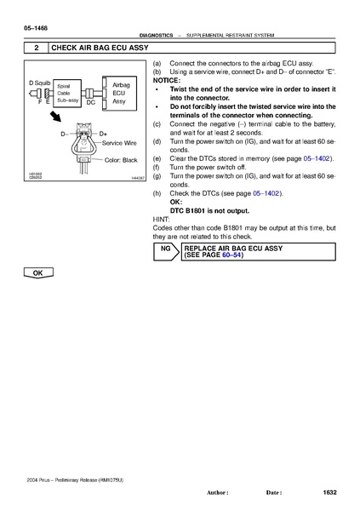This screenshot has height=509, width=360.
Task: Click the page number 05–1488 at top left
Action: point(24,29)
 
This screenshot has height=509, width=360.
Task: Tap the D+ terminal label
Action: point(103,134)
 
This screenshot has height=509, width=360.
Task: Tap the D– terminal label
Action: point(64,134)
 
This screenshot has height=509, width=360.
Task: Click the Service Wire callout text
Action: point(119,143)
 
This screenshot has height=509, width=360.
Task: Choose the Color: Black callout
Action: point(120,159)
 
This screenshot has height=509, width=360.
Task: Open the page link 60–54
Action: point(231,254)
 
